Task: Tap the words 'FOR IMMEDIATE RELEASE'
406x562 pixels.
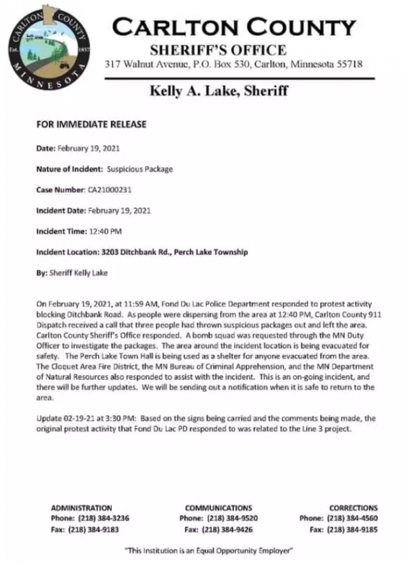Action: tap(91, 124)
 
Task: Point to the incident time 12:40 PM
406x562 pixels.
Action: tap(106, 231)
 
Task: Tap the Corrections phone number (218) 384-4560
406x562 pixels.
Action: tap(353, 518)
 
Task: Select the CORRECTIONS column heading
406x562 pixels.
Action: tap(353, 508)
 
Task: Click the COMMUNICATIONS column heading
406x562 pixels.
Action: tap(218, 508)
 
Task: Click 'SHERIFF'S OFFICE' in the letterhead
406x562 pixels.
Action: tap(218, 50)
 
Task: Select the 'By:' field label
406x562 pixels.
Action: tap(41, 273)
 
